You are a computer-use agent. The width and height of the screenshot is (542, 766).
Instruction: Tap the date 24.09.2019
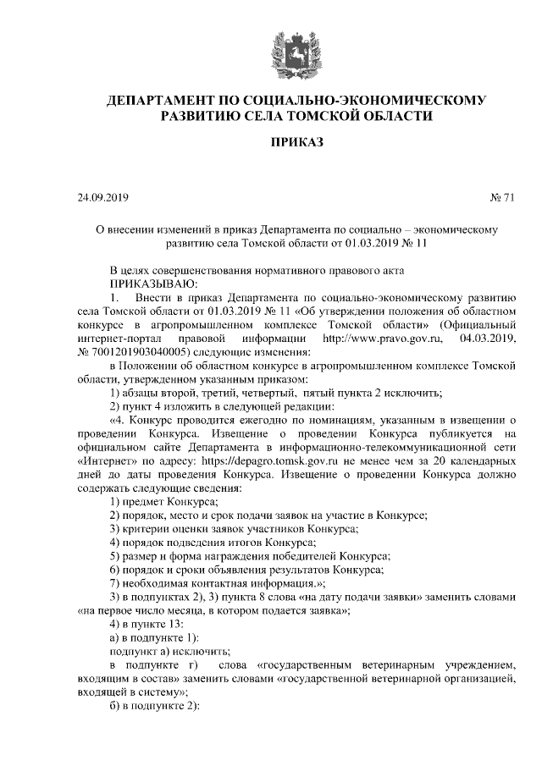pos(101,200)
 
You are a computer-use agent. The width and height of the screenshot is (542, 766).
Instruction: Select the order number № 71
pos(501,200)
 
